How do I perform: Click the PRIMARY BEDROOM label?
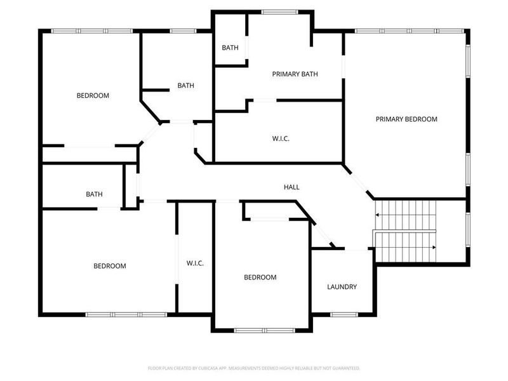[406, 119]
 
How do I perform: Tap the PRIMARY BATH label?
[295, 74]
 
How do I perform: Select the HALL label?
[291, 187]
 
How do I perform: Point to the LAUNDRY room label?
[342, 287]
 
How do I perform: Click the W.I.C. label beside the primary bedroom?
[281, 138]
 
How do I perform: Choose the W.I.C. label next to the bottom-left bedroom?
[195, 264]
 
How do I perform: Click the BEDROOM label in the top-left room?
[93, 96]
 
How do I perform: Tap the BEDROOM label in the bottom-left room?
[110, 266]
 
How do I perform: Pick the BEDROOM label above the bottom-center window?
[260, 277]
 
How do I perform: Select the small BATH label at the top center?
[229, 48]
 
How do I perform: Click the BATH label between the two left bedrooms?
[95, 194]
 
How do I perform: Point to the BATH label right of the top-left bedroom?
[185, 85]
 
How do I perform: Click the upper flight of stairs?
[406, 215]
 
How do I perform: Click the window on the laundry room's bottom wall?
[344, 314]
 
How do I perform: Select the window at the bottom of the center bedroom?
[264, 330]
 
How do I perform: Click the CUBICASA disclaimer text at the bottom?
[254, 368]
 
